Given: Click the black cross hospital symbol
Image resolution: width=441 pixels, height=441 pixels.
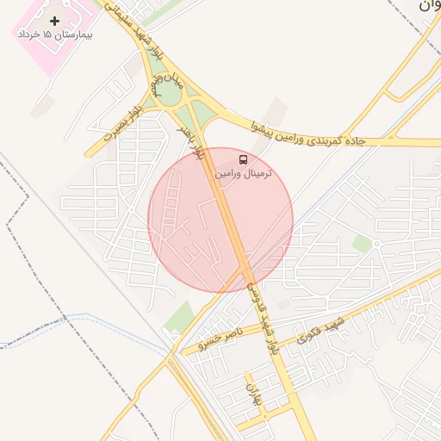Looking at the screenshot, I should [55, 20].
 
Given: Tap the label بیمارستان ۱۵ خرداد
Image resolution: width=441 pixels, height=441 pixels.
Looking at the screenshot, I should [55, 35].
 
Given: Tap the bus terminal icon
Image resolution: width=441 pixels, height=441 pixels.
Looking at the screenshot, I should [243, 160].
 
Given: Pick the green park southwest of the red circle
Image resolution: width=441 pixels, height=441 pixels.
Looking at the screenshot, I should [180, 317].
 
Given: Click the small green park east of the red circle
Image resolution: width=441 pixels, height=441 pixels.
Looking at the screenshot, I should [362, 244].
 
